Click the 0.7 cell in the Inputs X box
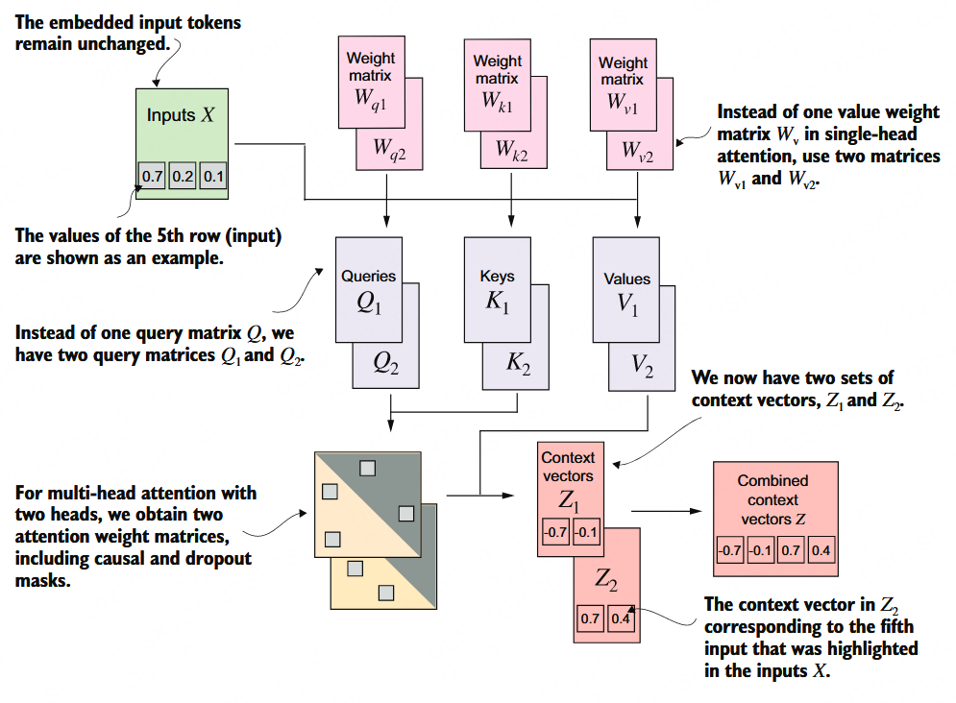click(x=152, y=177)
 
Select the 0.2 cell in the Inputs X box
click(x=183, y=177)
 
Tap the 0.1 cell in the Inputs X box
click(x=212, y=177)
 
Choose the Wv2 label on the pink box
click(x=637, y=150)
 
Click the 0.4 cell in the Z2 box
click(x=621, y=618)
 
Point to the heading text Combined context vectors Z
click(x=772, y=499)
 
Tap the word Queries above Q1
click(x=368, y=276)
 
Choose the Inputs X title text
click(x=181, y=115)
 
